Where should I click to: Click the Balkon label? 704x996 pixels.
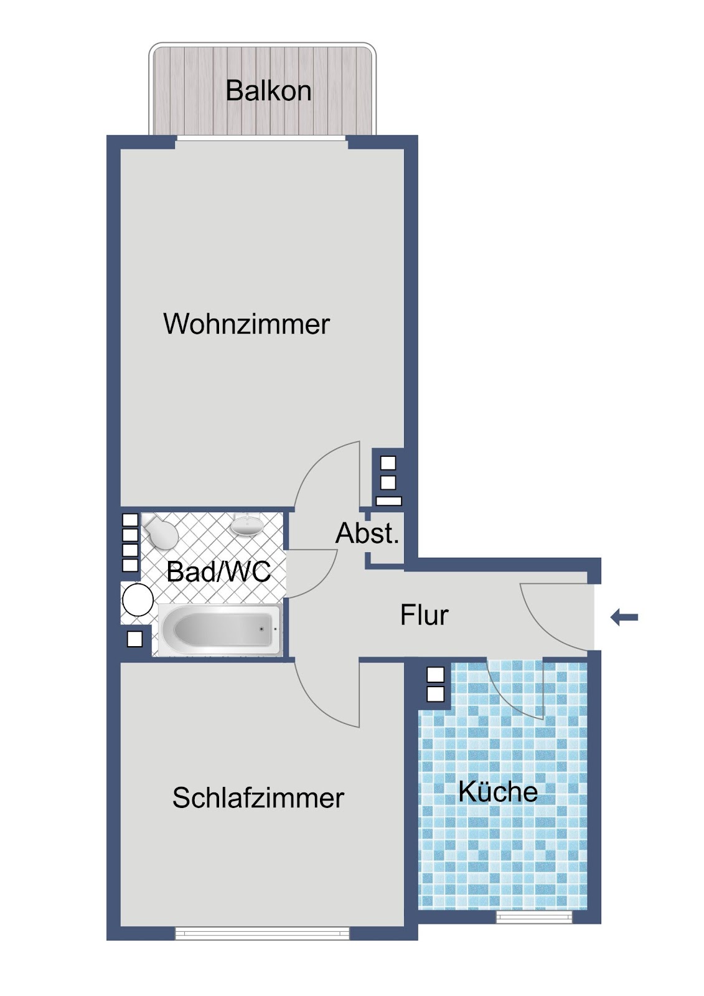pos(268,90)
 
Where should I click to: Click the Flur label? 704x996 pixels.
pos(425,614)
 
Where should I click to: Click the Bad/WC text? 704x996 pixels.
pos(218,571)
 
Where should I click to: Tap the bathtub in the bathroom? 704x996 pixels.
pos(220,629)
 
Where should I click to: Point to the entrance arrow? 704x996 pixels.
pos(624,617)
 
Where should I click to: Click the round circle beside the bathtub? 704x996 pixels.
pos(138,600)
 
